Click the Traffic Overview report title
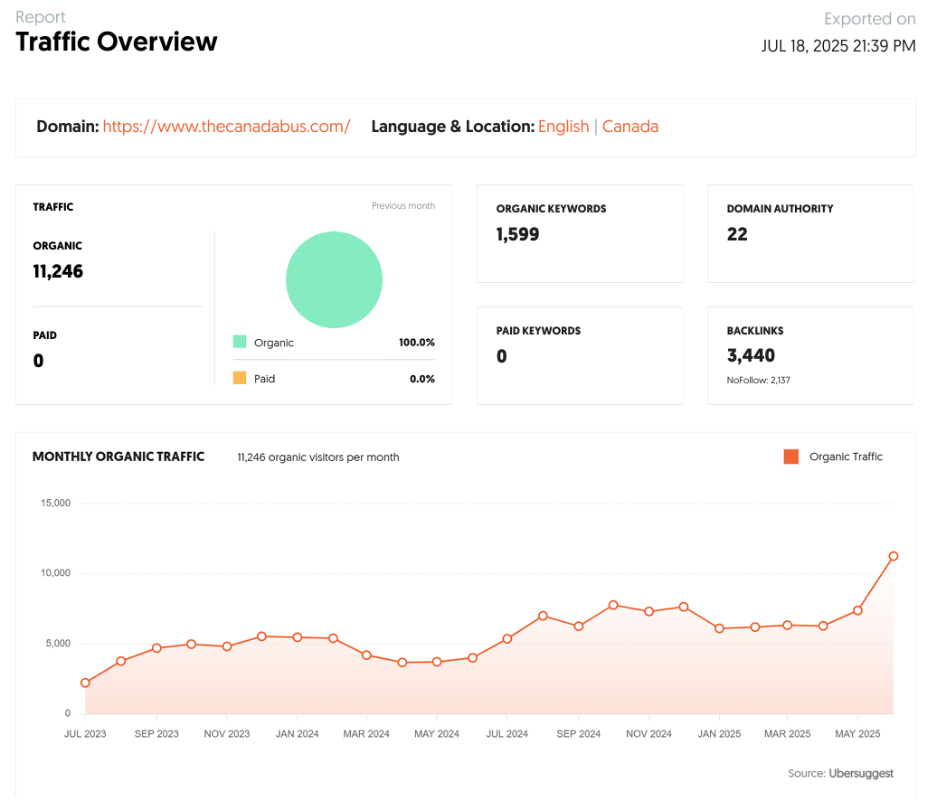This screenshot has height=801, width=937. [x=117, y=42]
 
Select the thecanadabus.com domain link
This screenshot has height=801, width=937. [x=226, y=127]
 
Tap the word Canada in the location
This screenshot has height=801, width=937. [x=630, y=127]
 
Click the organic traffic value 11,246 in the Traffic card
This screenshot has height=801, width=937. [x=58, y=271]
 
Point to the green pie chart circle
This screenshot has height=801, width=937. [x=334, y=279]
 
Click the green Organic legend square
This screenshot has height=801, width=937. [x=240, y=342]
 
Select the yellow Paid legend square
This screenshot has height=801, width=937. [x=240, y=378]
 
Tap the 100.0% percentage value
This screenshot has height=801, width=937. [x=417, y=343]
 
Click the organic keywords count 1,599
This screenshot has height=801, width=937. [x=517, y=235]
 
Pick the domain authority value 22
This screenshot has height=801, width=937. [x=737, y=235]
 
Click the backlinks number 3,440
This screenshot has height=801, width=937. [x=751, y=356]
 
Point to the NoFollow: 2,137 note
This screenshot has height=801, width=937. [x=758, y=381]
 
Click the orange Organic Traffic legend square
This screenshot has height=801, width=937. [x=791, y=457]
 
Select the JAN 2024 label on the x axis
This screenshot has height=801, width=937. [x=297, y=733]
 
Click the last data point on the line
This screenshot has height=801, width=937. [x=894, y=556]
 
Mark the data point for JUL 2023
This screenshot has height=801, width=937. [x=85, y=683]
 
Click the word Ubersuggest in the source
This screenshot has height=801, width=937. [x=861, y=773]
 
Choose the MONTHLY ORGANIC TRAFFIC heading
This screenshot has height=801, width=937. [x=118, y=457]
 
